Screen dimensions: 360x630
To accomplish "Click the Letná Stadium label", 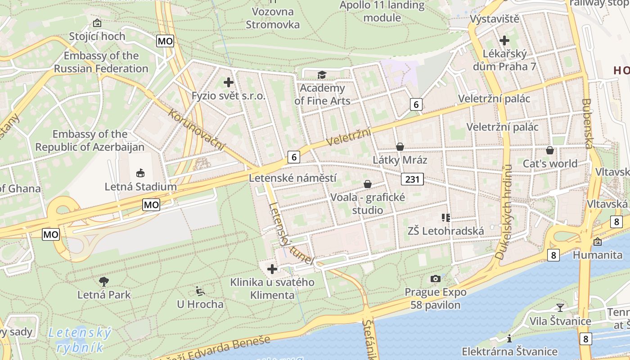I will pos(140,186).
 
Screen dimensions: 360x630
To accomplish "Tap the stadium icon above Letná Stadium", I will pos(140,173).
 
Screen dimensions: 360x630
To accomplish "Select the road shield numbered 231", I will pos(412,180).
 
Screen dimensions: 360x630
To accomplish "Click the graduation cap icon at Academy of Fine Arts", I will pos(322,75).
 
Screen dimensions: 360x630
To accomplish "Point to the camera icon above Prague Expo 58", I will pos(435,279).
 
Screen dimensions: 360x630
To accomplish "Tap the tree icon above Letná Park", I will pos(104,282).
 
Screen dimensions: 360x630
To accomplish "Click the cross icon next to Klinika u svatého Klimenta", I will pos(272,269).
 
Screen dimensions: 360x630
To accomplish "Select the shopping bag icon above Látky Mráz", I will pos(400,147).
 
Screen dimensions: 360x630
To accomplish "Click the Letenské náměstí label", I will pos(292,178).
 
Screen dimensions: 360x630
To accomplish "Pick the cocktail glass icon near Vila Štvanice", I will pos(560,307).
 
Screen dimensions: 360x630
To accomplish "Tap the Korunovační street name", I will pos(196,130).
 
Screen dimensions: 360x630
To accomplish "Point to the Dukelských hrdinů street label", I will pos(504,211).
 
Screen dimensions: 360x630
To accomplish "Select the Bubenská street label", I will pos(588,123).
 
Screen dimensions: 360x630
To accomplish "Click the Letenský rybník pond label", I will pos(79,340).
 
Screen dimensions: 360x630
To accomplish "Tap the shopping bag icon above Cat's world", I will pos(549,150).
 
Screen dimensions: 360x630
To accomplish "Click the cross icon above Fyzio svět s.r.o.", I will pos(229,82).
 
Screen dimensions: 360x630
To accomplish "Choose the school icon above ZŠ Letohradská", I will pos(446,218).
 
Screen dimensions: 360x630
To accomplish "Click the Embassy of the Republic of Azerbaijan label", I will pos(90,140).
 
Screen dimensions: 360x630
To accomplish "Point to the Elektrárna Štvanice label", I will pos(509,351).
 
